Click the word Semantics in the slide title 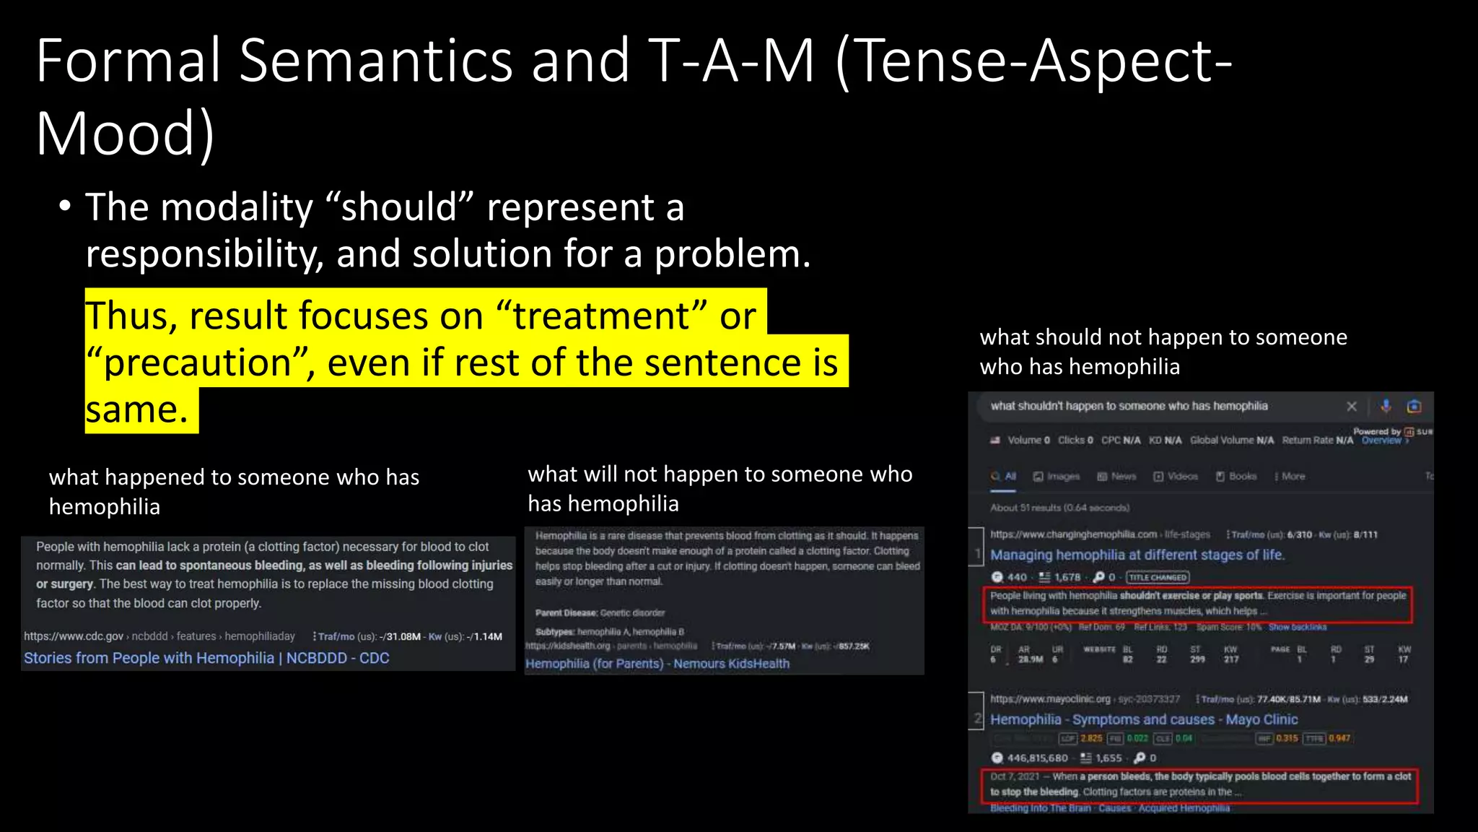click(375, 61)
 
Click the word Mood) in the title click(125, 134)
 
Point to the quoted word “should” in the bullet click(399, 208)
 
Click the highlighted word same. click(136, 410)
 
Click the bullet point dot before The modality click(65, 207)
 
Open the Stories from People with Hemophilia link click(206, 658)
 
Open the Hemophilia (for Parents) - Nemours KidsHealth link click(657, 664)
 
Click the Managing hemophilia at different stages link click(1137, 555)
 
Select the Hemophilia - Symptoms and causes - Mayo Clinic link click(1143, 719)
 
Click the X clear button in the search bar click(1352, 407)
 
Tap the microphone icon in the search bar click(1386, 406)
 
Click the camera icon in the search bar click(1414, 406)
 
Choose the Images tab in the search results click(1057, 477)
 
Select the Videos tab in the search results click(1176, 477)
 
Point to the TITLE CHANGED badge click(1158, 577)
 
